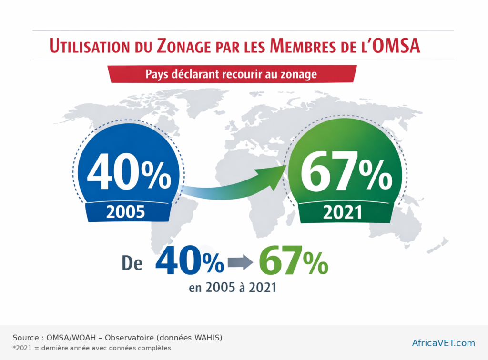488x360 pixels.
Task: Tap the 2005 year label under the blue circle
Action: coord(126,211)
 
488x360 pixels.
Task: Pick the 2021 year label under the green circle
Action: coord(342,212)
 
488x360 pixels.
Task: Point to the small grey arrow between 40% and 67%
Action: coord(241,262)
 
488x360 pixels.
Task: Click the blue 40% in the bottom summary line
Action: coord(189,262)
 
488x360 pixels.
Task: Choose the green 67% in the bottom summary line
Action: coord(293,262)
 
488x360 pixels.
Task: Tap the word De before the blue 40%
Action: coord(132,263)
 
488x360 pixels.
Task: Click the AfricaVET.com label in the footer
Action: coord(443,343)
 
